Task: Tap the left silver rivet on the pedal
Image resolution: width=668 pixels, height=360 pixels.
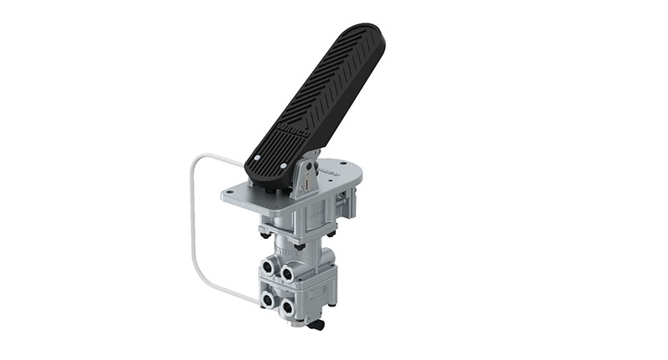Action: tap(256, 157)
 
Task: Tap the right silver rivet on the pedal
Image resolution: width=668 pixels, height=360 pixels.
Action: tap(283, 167)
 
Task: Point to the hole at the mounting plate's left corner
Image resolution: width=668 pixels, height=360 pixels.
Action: tap(230, 195)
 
